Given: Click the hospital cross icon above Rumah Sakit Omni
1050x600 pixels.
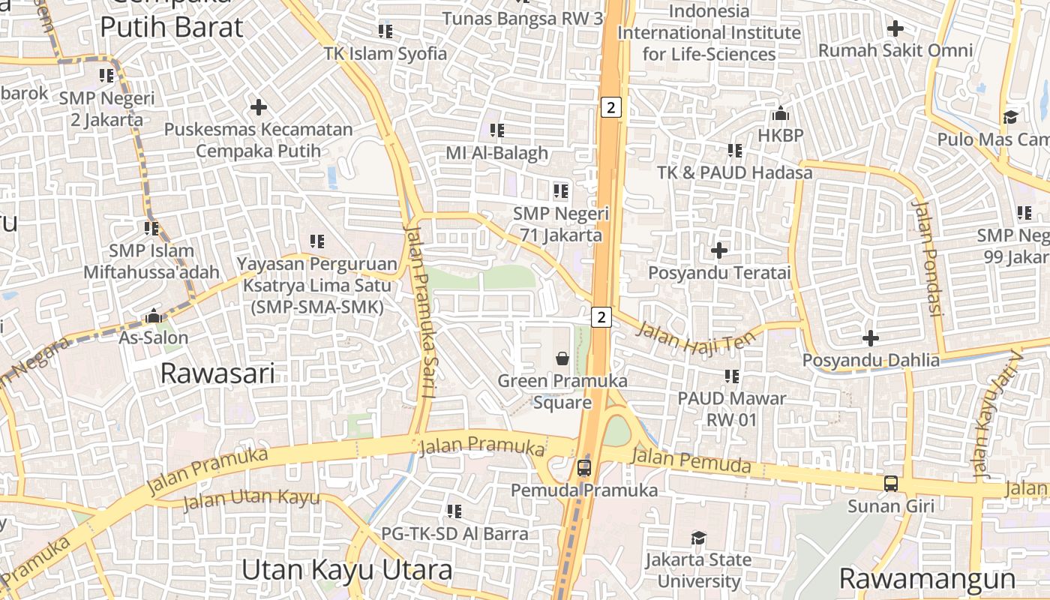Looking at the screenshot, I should click(895, 28).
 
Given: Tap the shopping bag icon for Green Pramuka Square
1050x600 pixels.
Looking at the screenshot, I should click(562, 358).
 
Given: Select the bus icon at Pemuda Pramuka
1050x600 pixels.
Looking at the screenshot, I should click(584, 468).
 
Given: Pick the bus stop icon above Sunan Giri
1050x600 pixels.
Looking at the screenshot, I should click(891, 484).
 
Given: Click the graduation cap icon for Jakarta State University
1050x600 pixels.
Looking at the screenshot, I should click(698, 538).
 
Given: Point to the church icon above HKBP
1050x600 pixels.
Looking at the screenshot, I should click(781, 114).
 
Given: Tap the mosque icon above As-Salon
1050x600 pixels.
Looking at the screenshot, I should click(154, 316).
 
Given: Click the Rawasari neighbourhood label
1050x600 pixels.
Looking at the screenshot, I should click(217, 373).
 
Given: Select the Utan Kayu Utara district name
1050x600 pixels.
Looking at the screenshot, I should click(347, 570).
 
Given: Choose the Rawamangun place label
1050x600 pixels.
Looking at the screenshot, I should click(927, 579).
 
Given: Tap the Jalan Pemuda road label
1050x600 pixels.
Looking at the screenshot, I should click(691, 460).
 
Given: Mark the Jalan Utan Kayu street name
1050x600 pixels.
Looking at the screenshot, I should click(251, 499).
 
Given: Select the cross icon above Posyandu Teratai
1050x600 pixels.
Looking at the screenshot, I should click(719, 250).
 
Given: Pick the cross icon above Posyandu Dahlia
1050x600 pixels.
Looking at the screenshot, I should click(870, 338).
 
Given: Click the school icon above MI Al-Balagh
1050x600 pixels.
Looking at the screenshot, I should click(496, 130).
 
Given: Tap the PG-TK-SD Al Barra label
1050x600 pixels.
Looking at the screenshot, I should click(454, 534).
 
